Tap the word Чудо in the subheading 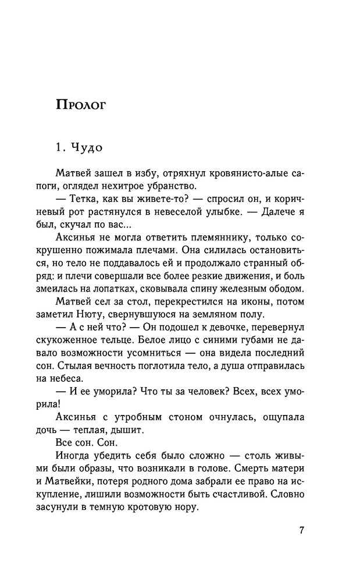[87, 147]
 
